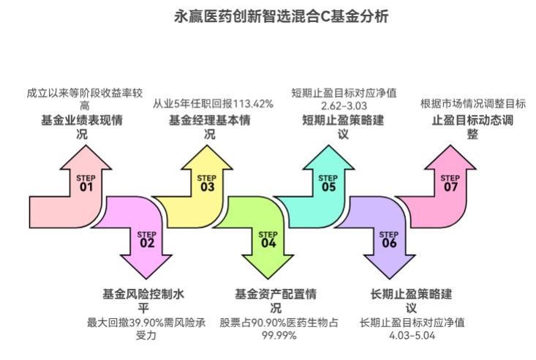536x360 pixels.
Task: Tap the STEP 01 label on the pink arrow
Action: (x=86, y=183)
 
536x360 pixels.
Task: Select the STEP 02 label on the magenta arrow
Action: (x=147, y=239)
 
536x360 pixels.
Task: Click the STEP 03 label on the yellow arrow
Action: (x=207, y=183)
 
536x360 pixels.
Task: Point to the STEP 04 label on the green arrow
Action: (x=268, y=239)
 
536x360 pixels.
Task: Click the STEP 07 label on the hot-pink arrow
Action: (x=450, y=183)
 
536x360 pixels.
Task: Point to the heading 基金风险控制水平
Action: (x=146, y=301)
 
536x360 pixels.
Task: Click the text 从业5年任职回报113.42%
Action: (x=213, y=104)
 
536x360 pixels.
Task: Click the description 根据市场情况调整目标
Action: (x=472, y=104)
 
